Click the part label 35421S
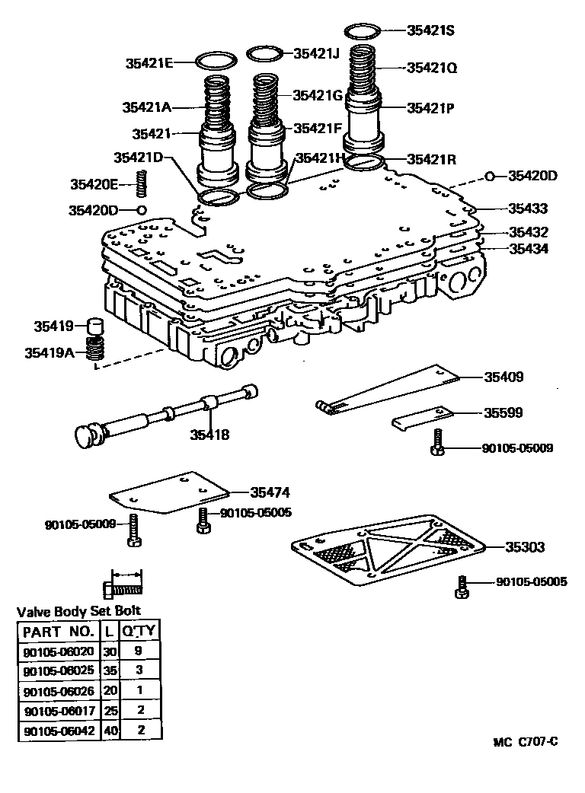(x=430, y=30)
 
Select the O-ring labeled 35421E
(x=216, y=61)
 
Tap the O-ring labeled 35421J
(x=264, y=53)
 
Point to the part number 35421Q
(x=431, y=68)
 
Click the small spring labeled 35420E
(x=140, y=183)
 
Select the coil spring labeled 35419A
(x=94, y=350)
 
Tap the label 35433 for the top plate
(x=529, y=208)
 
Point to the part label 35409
(x=503, y=377)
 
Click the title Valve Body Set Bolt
(x=79, y=611)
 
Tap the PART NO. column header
(x=59, y=631)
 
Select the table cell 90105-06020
(x=59, y=651)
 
